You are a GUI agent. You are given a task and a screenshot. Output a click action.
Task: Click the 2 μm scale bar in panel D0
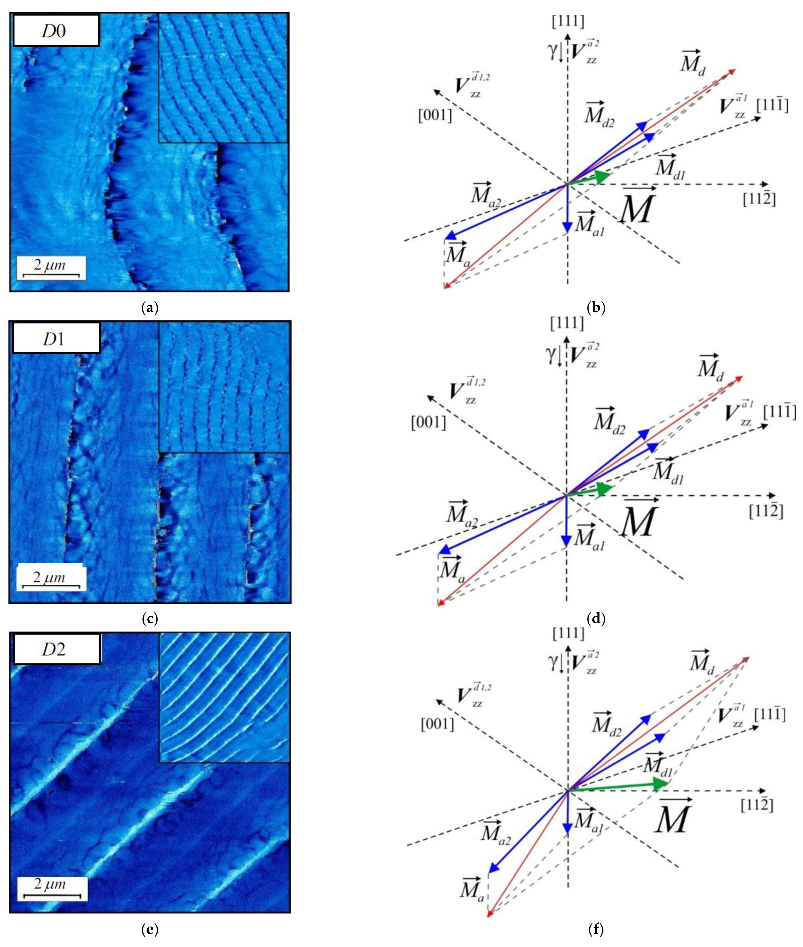(51, 268)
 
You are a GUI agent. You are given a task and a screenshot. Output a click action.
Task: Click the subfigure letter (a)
(150, 308)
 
